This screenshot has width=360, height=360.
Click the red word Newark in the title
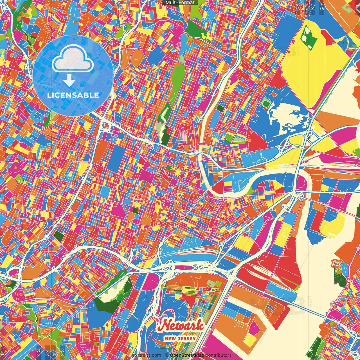point(181,325)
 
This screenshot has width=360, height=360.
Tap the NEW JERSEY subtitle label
point(180,338)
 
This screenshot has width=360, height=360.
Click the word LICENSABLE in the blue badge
point(73,95)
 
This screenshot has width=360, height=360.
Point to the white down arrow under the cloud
point(69,81)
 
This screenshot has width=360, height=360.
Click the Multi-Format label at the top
point(180,3)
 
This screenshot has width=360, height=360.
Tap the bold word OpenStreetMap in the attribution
point(187,355)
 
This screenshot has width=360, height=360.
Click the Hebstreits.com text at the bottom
point(145,355)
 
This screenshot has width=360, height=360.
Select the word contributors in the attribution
point(219,355)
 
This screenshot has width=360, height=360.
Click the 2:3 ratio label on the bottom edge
point(62,353)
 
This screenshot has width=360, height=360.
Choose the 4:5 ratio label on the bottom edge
point(38,353)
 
